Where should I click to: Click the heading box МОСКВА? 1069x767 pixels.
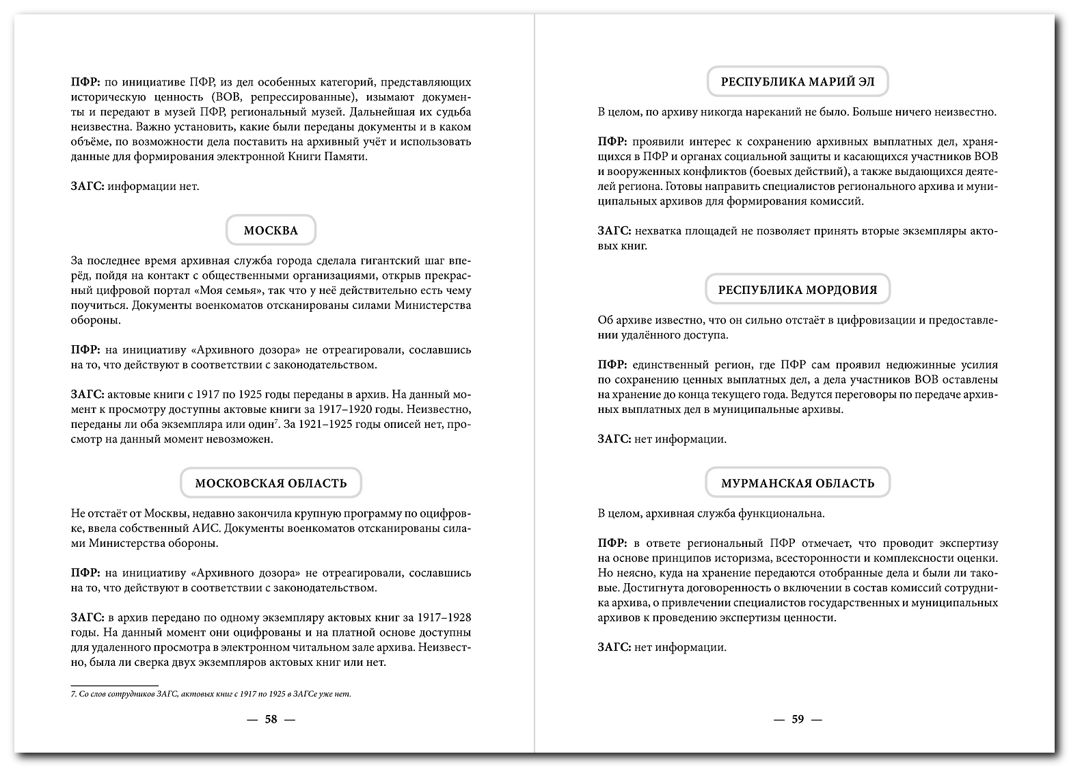(271, 230)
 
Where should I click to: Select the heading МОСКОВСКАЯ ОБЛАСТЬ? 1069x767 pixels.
(271, 483)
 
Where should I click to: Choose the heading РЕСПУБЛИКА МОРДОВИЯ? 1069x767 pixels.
(797, 290)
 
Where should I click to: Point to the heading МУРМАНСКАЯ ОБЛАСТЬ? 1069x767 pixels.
(798, 483)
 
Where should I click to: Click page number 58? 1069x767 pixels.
(271, 719)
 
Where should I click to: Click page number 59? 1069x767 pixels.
(797, 719)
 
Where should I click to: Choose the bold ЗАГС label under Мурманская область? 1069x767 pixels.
(613, 647)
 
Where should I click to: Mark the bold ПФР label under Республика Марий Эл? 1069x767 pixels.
(612, 142)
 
